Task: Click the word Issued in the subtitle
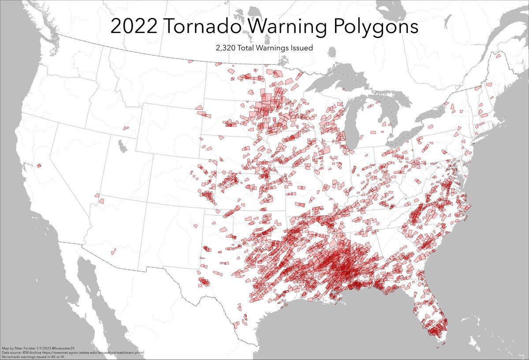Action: point(299,48)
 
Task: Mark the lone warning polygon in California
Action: point(39,165)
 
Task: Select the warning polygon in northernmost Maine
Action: point(498,56)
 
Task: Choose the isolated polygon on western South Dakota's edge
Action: point(199,107)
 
